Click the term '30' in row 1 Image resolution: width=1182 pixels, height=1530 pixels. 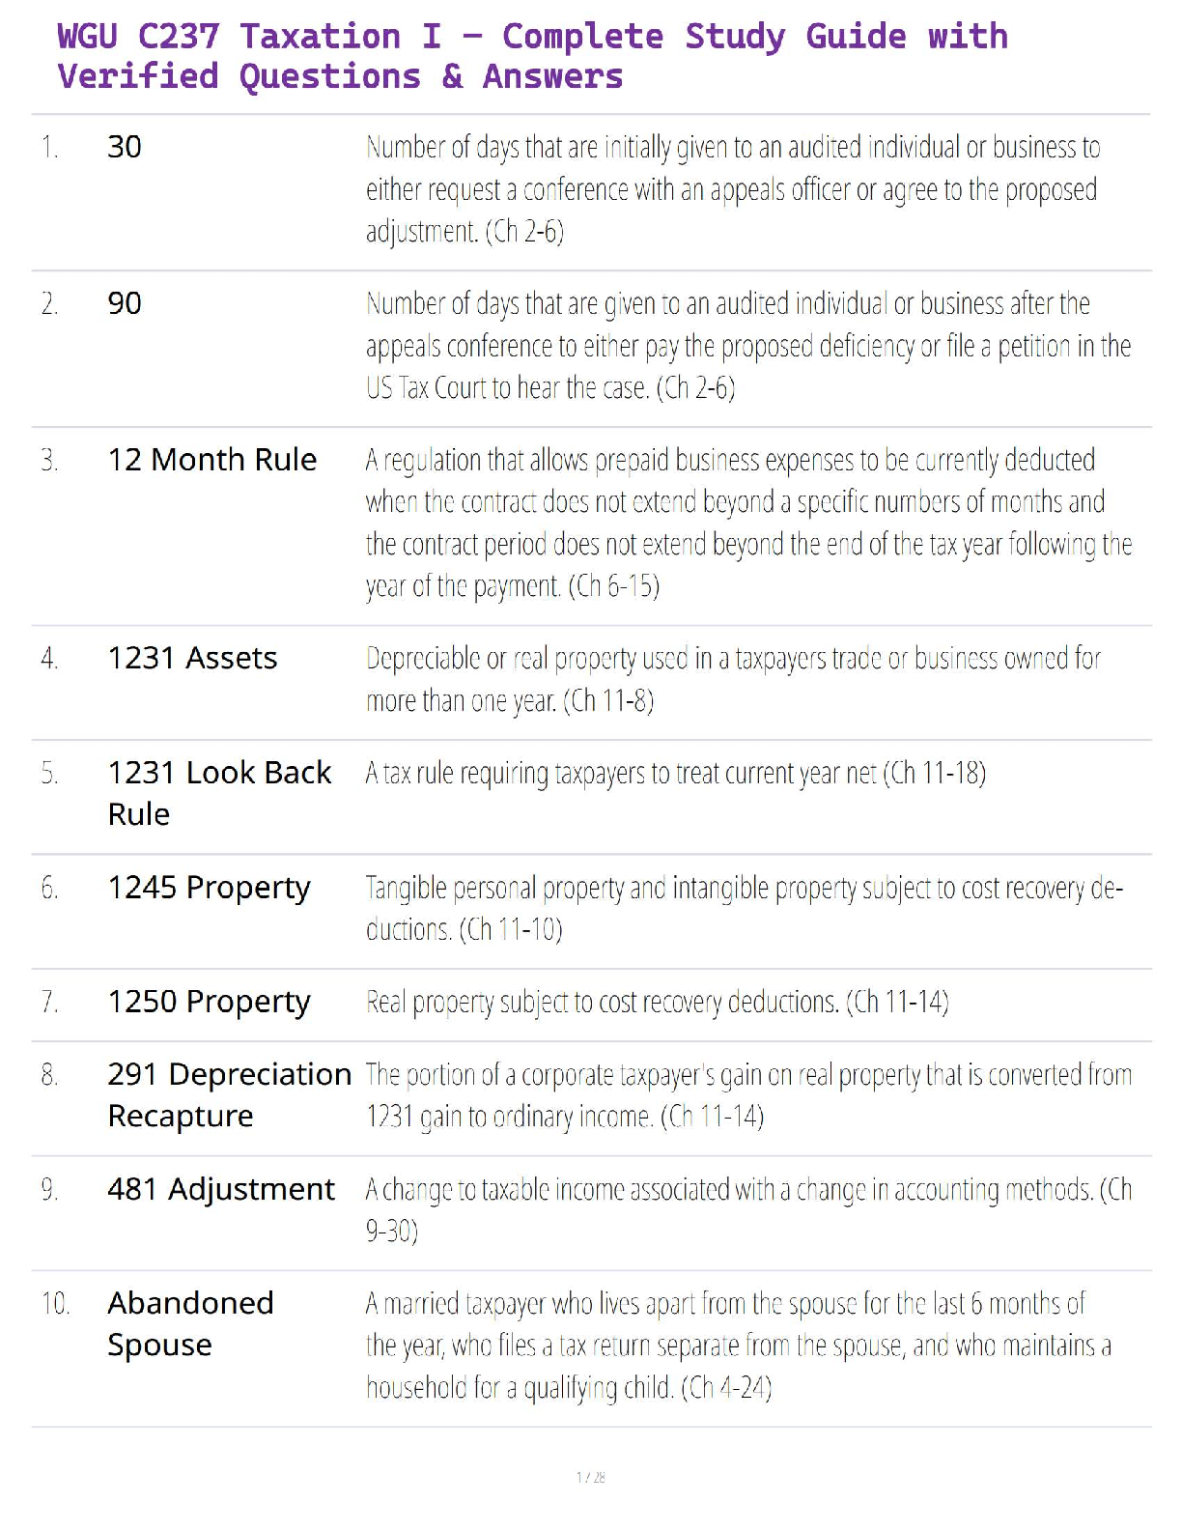pos(125,147)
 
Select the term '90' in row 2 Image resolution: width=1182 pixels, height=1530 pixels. pos(125,303)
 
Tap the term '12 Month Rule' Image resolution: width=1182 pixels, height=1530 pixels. pos(211,460)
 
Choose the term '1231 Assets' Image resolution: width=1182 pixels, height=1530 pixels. pos(192,658)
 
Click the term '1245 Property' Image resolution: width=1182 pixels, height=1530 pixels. pos(209,888)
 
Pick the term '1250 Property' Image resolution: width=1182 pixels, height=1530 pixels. pos(209,1002)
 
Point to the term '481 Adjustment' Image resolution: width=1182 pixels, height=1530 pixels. pos(221,1189)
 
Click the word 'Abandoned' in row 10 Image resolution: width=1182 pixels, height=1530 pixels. pos(190,1303)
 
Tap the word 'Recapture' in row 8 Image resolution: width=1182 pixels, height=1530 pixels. pos(181,1116)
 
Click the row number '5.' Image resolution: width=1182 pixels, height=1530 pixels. pos(49,773)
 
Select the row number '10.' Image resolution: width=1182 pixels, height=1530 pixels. pos(55,1304)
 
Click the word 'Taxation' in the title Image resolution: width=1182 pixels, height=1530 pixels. pos(320,37)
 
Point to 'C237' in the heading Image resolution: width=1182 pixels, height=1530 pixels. pos(179,37)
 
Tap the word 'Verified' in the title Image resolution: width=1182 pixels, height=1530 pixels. pos(138,76)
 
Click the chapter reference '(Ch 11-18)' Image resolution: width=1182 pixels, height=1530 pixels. pos(934,773)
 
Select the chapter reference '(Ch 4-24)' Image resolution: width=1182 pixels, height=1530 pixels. pos(726,1388)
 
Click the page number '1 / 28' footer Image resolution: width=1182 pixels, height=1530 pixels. pos(590,1477)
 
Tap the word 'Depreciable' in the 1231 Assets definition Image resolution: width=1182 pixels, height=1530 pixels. pos(422,659)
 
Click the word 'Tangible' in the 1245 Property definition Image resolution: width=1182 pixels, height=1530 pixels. pos(406,888)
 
